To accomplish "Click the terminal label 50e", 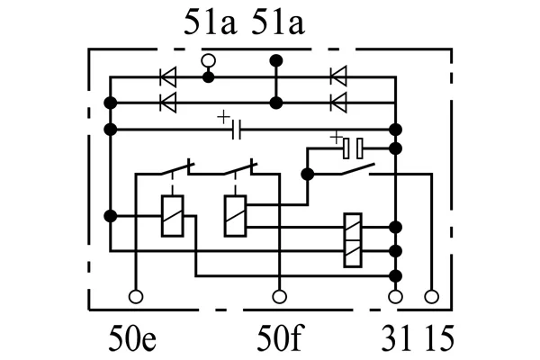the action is click(x=132, y=338).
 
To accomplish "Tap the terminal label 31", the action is click(x=396, y=338).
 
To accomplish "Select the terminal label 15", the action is click(x=438, y=338).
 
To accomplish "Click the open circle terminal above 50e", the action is click(x=136, y=297).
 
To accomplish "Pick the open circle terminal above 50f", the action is click(x=279, y=297).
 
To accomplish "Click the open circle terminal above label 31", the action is click(x=395, y=297).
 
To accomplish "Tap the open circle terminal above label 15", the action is click(x=432, y=297).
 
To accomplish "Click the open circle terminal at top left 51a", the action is click(x=208, y=61).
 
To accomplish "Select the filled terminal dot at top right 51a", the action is click(x=276, y=61).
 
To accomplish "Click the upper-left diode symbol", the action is click(x=168, y=76).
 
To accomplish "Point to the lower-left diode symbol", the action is click(x=168, y=103).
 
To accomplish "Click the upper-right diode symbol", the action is click(x=338, y=76).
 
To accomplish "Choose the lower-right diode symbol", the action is click(x=338, y=103).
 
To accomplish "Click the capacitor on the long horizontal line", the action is click(x=236, y=130).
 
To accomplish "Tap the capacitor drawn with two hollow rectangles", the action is click(x=353, y=148).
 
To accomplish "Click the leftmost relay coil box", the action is click(x=172, y=216).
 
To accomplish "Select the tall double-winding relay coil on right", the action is click(x=353, y=240).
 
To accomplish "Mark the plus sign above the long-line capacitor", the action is click(x=223, y=117).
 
